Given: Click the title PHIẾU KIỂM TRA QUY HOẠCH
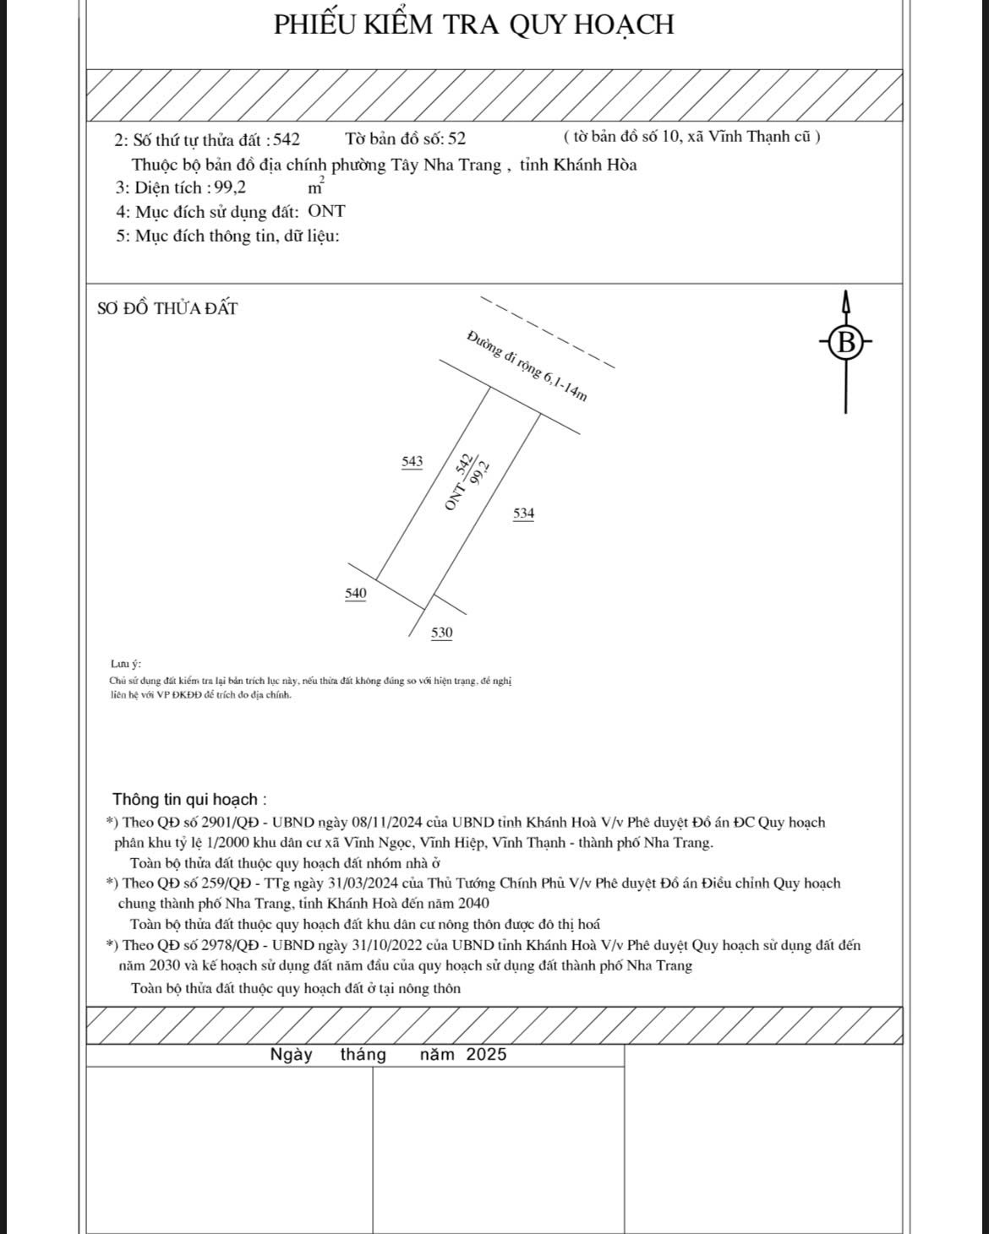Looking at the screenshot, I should (x=473, y=24).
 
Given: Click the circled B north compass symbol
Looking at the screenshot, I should (x=844, y=343).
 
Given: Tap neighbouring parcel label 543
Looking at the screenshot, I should (x=413, y=461).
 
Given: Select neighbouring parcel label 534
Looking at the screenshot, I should (x=524, y=513).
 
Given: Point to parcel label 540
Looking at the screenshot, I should (x=356, y=593).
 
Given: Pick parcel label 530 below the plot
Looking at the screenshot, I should (x=441, y=633).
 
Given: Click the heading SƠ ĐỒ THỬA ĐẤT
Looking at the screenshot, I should (x=167, y=308).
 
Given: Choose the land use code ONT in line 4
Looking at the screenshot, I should (x=326, y=212).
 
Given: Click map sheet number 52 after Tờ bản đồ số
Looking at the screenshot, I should (x=456, y=139).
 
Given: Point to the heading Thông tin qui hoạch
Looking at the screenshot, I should (x=189, y=799).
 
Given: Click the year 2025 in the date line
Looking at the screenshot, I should (x=486, y=1054).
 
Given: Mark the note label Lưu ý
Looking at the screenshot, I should (x=126, y=664).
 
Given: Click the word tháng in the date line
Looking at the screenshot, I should (x=363, y=1054).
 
